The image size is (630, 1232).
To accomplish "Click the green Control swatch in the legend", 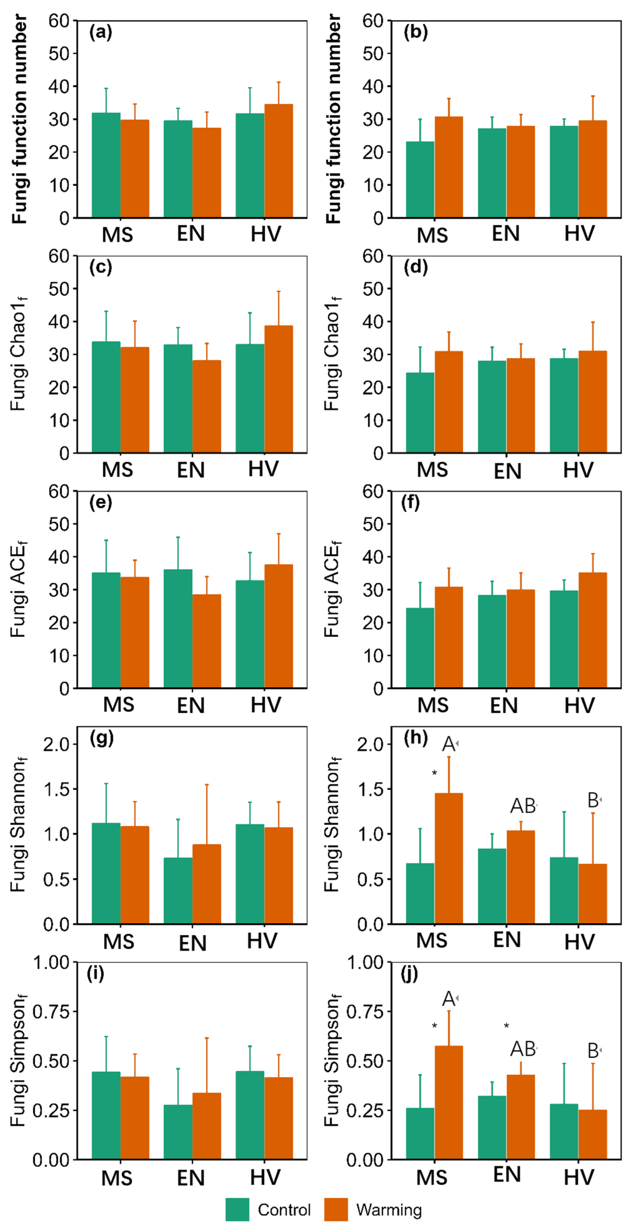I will pyautogui.click(x=237, y=1209).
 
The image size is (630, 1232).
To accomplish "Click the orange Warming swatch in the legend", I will pyautogui.click(x=336, y=1209).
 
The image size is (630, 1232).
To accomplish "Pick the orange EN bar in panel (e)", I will pyautogui.click(x=207, y=641).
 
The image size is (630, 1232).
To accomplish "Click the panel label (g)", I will pyautogui.click(x=101, y=738).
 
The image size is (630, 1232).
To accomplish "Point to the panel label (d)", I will pyautogui.click(x=416, y=266).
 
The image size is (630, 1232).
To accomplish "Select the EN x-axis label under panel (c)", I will pyautogui.click(x=191, y=470).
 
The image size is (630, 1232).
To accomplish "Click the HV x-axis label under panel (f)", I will pyautogui.click(x=579, y=706).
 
